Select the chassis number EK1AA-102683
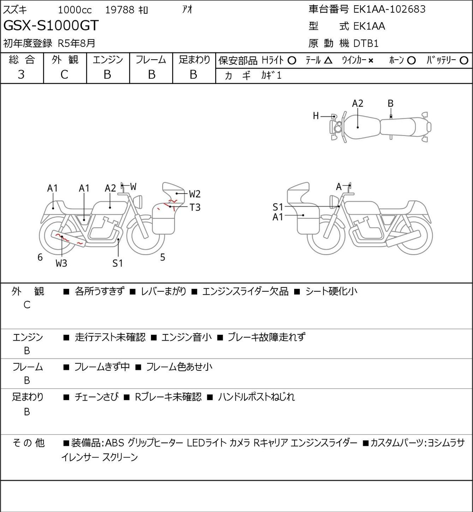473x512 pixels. tap(389, 9)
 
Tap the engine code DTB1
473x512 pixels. tap(366, 44)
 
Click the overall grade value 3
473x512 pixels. tap(21, 75)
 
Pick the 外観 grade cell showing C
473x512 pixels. tap(64, 75)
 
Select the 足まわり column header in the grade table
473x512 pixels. tap(194, 60)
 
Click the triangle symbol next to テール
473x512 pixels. tap(328, 61)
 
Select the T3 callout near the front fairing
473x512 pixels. tap(195, 207)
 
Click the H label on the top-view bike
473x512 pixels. tap(315, 116)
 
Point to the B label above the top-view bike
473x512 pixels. tap(390, 104)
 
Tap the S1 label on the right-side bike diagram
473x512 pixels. tap(278, 207)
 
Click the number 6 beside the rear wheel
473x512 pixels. tap(40, 257)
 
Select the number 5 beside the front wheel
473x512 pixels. tap(163, 258)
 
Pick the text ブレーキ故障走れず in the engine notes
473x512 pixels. tap(266, 337)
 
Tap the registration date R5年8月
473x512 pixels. tap(76, 43)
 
